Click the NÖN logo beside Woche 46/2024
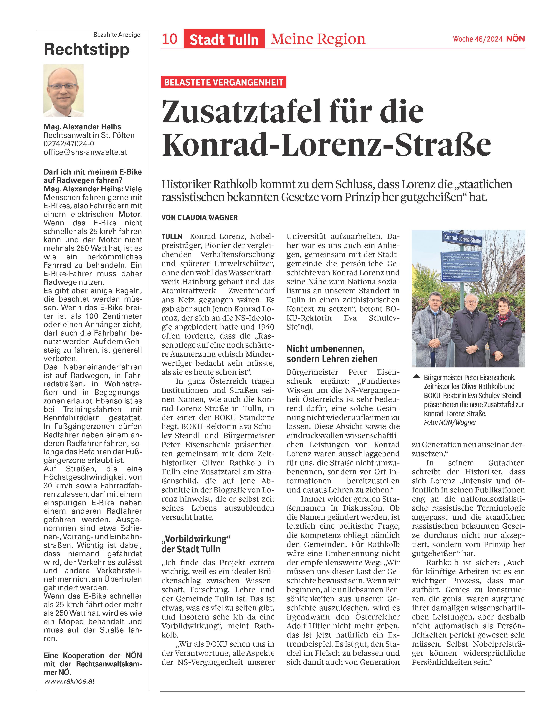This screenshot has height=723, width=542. (515, 39)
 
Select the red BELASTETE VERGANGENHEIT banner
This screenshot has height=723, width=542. (224, 82)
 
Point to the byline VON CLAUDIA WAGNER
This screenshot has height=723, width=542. (199, 217)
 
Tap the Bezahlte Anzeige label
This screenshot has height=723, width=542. (117, 35)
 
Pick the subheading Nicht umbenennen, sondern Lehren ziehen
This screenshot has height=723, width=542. (332, 354)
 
